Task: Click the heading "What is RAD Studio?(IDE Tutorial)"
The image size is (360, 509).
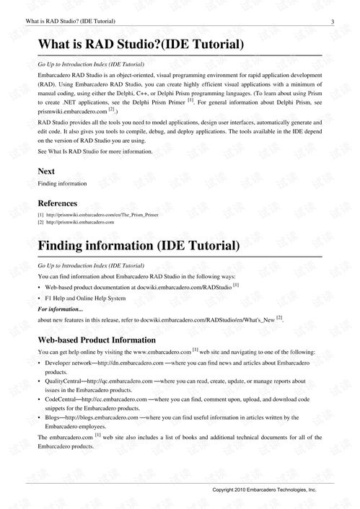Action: click(x=141, y=45)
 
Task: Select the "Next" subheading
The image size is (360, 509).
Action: click(x=46, y=171)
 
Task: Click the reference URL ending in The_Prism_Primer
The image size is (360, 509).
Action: click(x=102, y=215)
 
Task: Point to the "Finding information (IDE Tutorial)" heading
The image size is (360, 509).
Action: click(x=139, y=246)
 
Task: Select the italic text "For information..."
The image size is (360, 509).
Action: click(x=61, y=308)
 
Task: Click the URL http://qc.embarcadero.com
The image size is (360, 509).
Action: click(x=120, y=380)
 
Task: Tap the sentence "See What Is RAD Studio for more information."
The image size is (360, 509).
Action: click(x=95, y=151)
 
